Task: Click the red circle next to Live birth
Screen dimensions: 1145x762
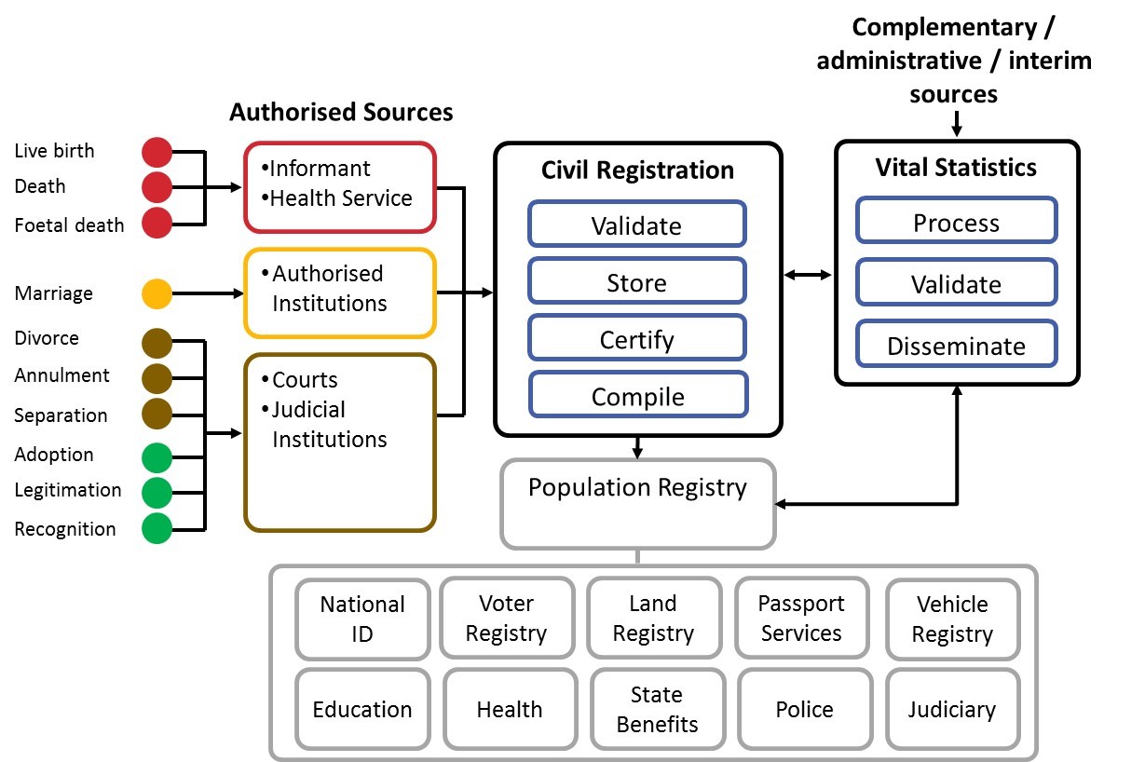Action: [x=157, y=152]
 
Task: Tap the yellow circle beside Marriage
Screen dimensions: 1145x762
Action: [x=157, y=293]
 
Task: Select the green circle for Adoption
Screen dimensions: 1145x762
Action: [x=157, y=457]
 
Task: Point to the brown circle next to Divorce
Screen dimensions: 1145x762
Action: [x=157, y=343]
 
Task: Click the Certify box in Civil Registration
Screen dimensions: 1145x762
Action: [x=637, y=338]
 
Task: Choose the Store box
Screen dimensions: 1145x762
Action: [x=637, y=281]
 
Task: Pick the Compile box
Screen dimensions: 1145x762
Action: [x=638, y=395]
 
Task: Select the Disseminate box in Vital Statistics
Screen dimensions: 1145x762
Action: [x=957, y=344]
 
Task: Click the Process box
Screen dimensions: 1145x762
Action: [x=957, y=220]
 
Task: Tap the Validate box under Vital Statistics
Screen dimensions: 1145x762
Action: [x=957, y=282]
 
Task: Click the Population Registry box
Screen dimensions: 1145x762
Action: [x=638, y=504]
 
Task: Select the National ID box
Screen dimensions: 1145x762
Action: [x=362, y=619]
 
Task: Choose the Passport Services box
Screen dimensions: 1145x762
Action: [x=801, y=618]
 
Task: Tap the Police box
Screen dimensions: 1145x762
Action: [x=805, y=709]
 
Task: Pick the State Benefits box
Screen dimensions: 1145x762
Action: [x=658, y=709]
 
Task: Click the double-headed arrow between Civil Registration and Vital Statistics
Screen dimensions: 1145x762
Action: [x=808, y=275]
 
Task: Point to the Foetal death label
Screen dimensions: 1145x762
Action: [x=69, y=225]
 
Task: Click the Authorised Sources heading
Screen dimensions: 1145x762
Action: [x=341, y=112]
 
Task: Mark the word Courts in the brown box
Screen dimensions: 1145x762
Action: [x=305, y=380]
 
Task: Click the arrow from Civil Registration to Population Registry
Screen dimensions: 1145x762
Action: [x=637, y=448]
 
